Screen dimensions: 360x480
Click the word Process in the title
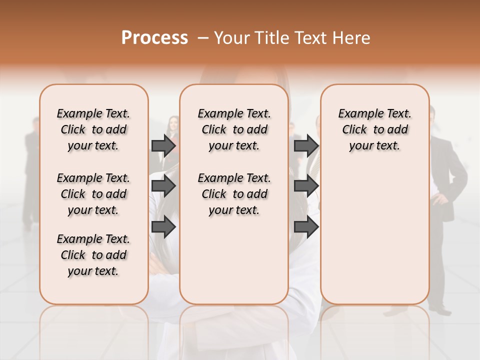(154, 38)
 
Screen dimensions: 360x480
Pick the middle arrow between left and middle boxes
(163, 186)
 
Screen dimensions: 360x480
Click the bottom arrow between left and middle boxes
(163, 227)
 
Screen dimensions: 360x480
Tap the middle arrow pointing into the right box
(306, 186)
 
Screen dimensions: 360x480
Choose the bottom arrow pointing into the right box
(306, 227)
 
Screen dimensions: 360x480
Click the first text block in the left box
(93, 129)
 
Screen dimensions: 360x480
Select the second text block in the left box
(93, 194)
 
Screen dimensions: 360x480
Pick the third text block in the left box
(93, 255)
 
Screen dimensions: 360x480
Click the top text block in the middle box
(234, 129)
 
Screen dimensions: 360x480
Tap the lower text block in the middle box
(234, 194)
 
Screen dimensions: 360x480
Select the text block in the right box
(374, 129)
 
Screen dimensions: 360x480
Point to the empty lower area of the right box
(374, 230)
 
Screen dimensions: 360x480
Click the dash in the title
(203, 38)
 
